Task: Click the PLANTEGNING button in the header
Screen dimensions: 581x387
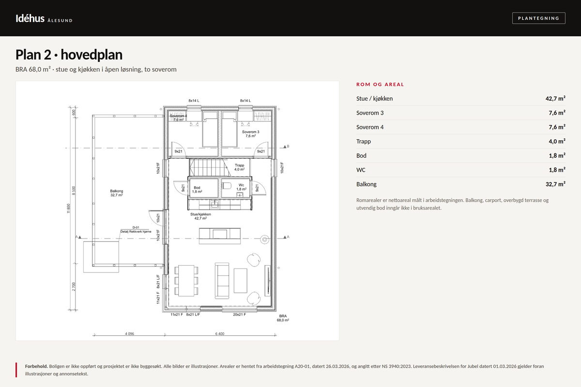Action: [x=538, y=18]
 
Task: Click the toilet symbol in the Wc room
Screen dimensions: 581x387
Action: [x=227, y=186]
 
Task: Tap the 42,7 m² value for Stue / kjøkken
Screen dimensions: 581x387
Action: [x=555, y=99]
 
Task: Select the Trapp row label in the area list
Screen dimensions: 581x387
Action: [x=364, y=141]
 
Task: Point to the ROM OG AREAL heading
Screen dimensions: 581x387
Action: [x=380, y=84]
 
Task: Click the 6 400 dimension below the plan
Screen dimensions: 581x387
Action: [x=220, y=334]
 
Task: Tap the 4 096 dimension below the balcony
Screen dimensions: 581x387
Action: [x=129, y=334]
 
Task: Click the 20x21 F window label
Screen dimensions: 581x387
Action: [x=239, y=314]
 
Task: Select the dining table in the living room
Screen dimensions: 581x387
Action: [x=186, y=281]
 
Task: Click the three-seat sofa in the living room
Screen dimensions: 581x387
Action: [x=222, y=281]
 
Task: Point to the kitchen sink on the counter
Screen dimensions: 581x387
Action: [x=214, y=204]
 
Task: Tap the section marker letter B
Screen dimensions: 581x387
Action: [x=288, y=146]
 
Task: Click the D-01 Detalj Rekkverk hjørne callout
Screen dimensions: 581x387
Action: [x=136, y=230]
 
